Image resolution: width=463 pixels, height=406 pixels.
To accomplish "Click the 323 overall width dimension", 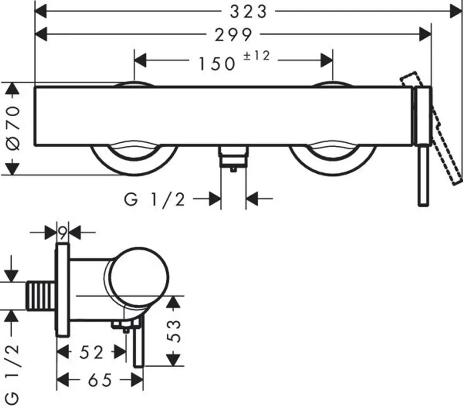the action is (x=248, y=12).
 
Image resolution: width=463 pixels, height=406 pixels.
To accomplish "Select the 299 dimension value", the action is (x=233, y=35).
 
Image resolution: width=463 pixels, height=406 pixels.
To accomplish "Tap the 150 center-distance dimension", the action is (x=217, y=64).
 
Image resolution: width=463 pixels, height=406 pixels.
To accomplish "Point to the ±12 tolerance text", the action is (x=257, y=55).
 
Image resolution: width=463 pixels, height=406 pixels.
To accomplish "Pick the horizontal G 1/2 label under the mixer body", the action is (x=154, y=199).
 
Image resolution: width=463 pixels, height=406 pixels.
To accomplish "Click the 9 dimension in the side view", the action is (x=63, y=234).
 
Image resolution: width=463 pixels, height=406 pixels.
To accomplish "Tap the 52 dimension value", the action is (x=92, y=352).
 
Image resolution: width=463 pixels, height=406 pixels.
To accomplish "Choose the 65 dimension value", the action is (x=100, y=380).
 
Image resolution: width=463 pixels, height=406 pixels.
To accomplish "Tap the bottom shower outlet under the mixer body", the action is (x=233, y=158).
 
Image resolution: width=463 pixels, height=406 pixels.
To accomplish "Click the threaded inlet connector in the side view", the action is (x=41, y=296).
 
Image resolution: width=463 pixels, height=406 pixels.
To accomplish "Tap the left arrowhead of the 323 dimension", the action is (x=41, y=12).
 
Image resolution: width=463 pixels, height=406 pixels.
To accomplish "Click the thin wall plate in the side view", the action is (x=63, y=290).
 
